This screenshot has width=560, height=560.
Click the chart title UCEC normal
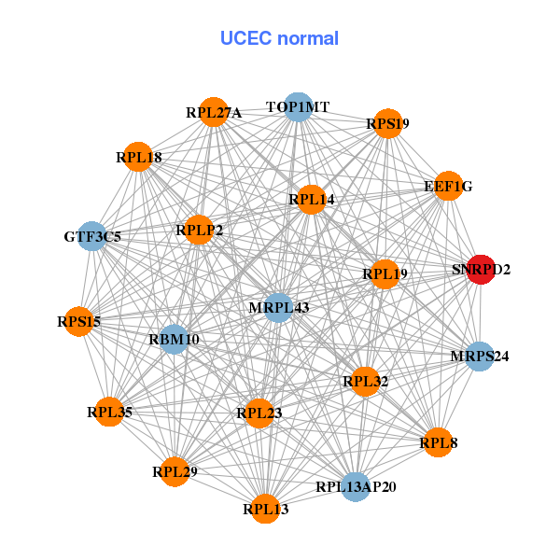[x=279, y=38]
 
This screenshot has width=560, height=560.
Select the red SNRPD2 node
[x=480, y=270]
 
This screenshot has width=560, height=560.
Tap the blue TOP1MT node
[x=297, y=107]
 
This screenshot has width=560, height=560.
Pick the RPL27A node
[x=214, y=113]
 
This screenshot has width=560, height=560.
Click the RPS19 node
[x=387, y=123]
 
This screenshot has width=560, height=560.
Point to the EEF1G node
[x=448, y=187]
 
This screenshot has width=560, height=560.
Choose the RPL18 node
[x=139, y=157]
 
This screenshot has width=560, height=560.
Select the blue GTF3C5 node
[x=93, y=236]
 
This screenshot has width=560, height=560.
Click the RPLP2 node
[x=199, y=229]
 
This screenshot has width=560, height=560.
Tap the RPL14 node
[x=311, y=199]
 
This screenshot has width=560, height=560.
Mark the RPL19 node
[x=385, y=274]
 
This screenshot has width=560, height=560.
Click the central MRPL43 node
[x=278, y=307]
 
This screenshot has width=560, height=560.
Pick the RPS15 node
[x=78, y=322]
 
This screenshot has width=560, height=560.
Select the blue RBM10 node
[x=174, y=339]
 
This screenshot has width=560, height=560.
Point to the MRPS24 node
[x=479, y=356]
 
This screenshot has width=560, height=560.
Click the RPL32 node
[x=365, y=381]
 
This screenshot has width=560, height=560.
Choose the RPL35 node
[x=110, y=411]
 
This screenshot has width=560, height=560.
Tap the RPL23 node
[x=259, y=413]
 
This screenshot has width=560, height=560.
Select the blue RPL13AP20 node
[x=356, y=486]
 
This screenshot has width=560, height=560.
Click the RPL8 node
[x=438, y=442]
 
